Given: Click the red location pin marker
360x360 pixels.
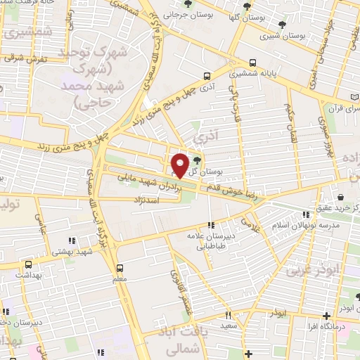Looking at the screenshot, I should click(180, 165).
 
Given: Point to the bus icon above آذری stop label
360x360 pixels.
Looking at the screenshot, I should click(205, 76).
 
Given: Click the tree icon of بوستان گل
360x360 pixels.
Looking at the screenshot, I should click(196, 161).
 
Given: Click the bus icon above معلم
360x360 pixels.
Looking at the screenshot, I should click(120, 268).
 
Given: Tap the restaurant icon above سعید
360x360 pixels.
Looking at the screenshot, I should click(228, 316).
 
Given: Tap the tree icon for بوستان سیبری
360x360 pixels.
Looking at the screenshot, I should click(282, 25).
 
